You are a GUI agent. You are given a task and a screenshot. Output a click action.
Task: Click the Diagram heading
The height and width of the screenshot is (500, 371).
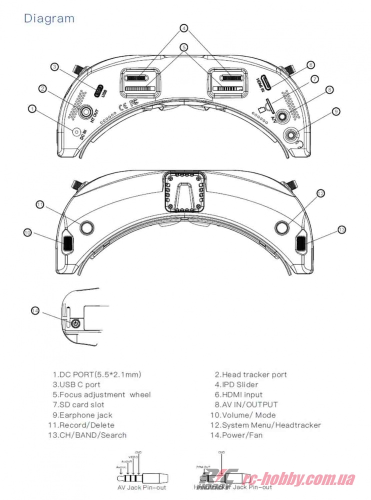pyautogui.click(x=49, y=18)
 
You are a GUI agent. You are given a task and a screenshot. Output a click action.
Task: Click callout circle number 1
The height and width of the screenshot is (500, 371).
pyautogui.click(x=32, y=108)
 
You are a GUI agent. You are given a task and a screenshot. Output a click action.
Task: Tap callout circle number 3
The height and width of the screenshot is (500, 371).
pyautogui.click(x=55, y=66)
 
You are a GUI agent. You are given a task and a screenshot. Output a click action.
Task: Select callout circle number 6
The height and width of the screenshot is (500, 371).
pyautogui.click(x=310, y=65)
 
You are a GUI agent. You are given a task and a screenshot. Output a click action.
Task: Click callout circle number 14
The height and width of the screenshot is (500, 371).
pyautogui.click(x=35, y=310)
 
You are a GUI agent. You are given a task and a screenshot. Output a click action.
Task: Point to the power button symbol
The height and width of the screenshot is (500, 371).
pyautogui.click(x=75, y=323)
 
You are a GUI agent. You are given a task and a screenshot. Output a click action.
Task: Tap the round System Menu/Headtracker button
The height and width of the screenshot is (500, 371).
pyautogui.click(x=282, y=227)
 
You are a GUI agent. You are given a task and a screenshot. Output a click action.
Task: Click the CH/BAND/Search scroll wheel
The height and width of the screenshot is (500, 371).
pyautogui.click(x=301, y=243)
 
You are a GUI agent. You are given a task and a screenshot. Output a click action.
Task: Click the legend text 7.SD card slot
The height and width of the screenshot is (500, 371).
pyautogui.click(x=78, y=405)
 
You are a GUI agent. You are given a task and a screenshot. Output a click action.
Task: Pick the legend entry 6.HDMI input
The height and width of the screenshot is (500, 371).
pyautogui.click(x=238, y=394)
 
